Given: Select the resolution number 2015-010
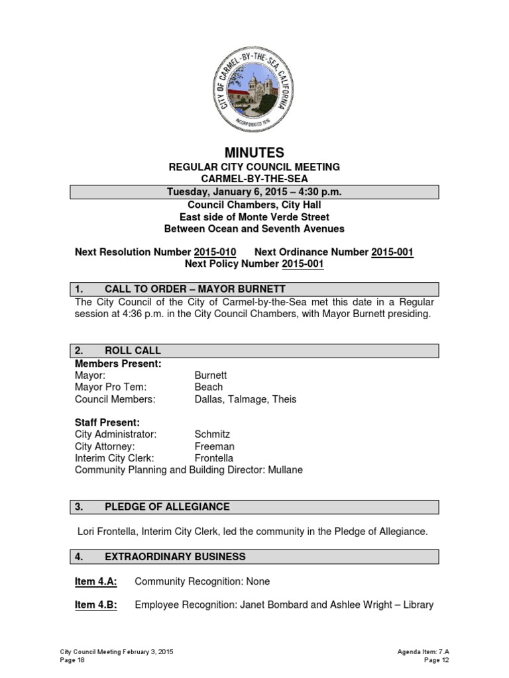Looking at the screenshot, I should [x=215, y=252].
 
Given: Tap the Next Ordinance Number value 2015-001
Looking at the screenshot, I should [x=392, y=252].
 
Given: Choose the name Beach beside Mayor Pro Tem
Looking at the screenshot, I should [x=209, y=387].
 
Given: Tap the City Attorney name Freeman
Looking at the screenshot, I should [x=215, y=446].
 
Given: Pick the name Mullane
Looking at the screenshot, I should [x=285, y=470].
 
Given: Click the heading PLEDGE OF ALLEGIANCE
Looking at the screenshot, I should [x=167, y=507].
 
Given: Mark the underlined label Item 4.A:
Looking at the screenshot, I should [x=95, y=581].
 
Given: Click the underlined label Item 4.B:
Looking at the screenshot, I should [x=95, y=605].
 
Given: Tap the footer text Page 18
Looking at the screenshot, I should [x=68, y=660].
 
